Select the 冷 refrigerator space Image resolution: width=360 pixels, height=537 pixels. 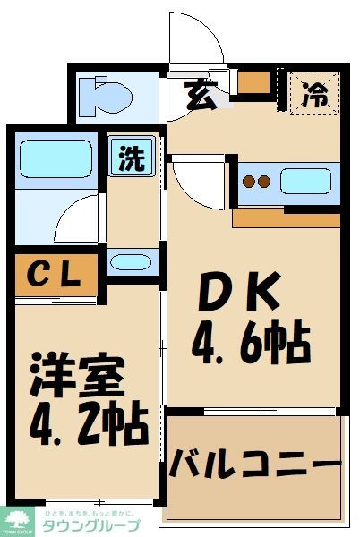(314, 92)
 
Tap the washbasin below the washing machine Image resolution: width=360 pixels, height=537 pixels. (133, 261)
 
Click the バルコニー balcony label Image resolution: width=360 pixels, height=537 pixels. (255, 465)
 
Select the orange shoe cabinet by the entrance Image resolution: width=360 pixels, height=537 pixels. (254, 81)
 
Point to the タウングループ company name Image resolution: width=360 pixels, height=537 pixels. (90, 526)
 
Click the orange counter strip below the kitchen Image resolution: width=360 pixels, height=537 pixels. (286, 217)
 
